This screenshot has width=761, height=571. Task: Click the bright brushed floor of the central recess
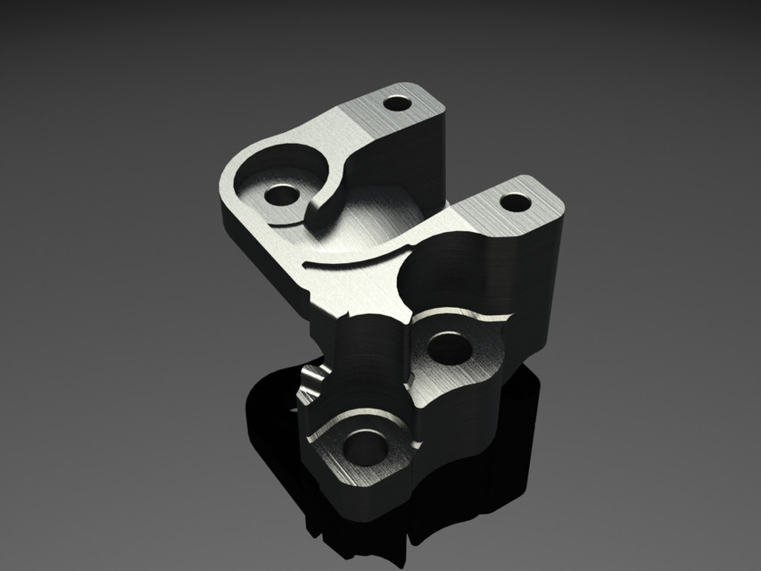[x=375, y=223]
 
